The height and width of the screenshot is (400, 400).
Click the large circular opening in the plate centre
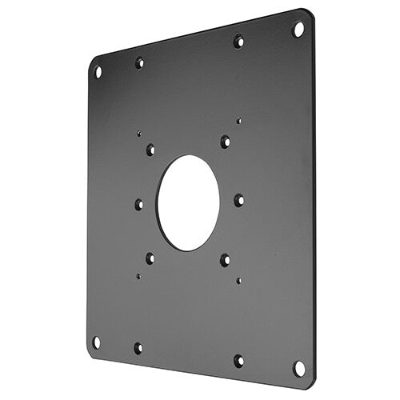[188, 202]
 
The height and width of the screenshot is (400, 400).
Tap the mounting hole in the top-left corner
[98, 72]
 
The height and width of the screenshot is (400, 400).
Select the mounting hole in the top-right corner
[298, 30]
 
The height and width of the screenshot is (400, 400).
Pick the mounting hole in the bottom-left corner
[96, 342]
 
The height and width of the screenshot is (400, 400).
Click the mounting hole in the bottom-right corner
[298, 368]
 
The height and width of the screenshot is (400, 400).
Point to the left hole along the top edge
[139, 62]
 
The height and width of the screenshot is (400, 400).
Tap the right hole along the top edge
[238, 41]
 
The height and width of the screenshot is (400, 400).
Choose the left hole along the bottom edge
[138, 348]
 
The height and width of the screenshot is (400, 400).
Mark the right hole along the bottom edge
[238, 361]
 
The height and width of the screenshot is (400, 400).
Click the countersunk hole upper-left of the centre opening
[150, 149]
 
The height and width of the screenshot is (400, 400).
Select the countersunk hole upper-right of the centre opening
[225, 142]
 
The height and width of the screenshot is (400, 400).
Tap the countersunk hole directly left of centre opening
[139, 204]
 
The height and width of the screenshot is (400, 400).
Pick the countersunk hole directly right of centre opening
[238, 200]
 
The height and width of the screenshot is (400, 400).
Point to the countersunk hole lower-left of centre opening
[150, 258]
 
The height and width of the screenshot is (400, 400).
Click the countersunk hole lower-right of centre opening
[225, 259]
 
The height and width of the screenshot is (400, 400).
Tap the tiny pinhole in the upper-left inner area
[138, 134]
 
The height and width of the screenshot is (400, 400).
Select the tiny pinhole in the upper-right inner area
[238, 122]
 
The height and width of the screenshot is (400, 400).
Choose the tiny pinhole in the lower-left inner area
[138, 276]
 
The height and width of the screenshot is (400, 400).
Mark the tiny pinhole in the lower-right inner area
[238, 281]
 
